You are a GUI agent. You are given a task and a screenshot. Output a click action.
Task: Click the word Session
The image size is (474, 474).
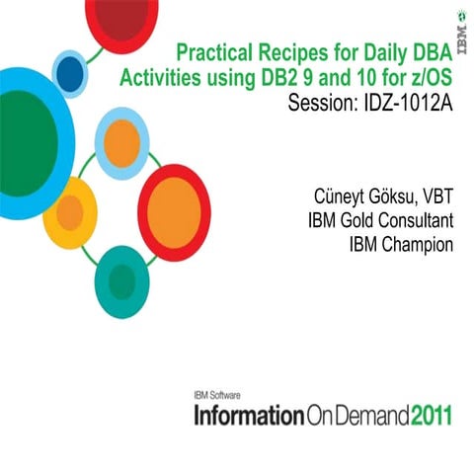315,103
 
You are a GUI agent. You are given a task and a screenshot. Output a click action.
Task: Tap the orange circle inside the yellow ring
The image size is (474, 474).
69,212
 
